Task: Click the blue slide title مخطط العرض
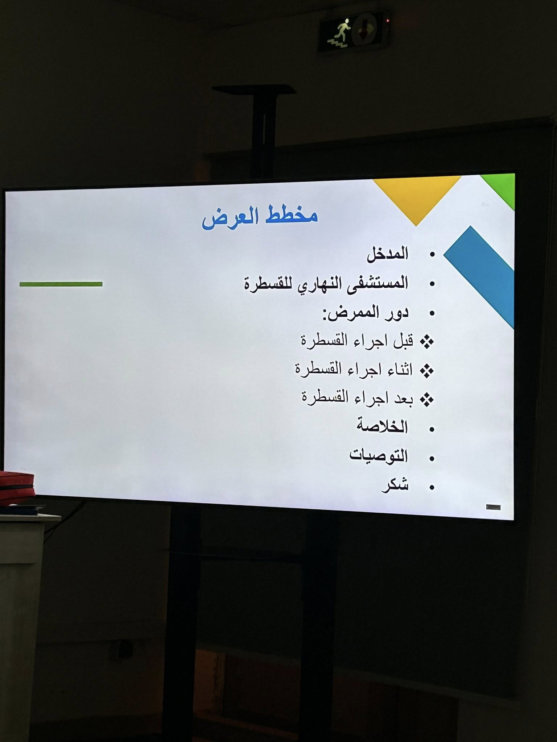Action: [260, 217]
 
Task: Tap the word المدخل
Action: [388, 254]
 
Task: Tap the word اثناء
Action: [399, 370]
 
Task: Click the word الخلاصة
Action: [383, 426]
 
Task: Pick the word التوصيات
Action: [379, 455]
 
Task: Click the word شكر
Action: [395, 485]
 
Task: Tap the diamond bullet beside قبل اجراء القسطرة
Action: [427, 342]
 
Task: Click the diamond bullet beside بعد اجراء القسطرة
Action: [427, 400]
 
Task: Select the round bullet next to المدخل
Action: [432, 255]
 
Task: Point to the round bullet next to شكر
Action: [432, 488]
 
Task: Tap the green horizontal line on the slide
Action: [61, 284]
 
